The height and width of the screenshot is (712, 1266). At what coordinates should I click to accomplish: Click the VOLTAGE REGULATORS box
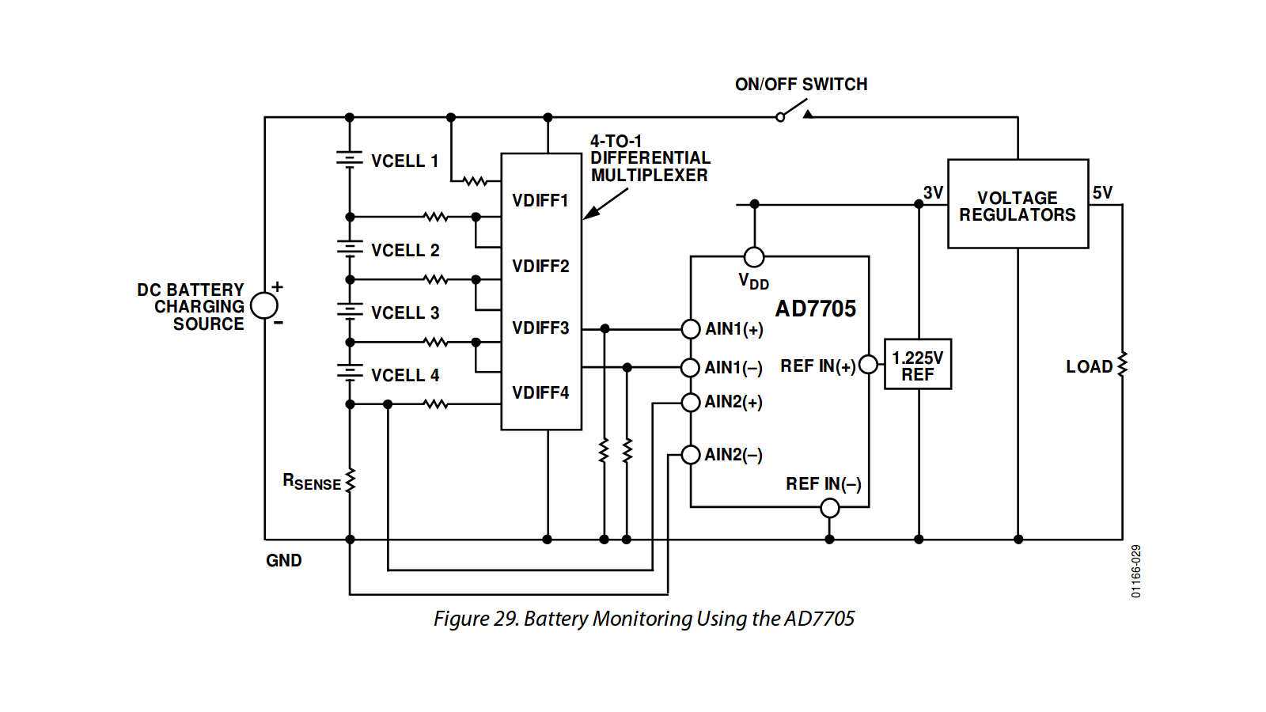tap(1018, 205)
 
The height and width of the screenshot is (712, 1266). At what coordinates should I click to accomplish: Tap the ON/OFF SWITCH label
tap(801, 84)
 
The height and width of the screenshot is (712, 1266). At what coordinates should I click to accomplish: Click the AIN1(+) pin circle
tap(691, 328)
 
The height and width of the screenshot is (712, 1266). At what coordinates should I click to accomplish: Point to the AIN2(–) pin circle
tap(691, 454)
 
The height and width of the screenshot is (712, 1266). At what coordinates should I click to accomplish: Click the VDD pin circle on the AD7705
tap(754, 256)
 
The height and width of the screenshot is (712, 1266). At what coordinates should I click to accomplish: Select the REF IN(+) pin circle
tap(868, 365)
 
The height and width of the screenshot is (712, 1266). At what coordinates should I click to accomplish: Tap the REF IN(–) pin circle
tap(829, 508)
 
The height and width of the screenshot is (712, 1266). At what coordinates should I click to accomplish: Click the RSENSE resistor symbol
tap(350, 480)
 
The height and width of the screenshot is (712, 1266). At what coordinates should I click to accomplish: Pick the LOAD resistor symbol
tap(1122, 364)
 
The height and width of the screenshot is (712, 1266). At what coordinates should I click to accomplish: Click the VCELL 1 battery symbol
tap(350, 159)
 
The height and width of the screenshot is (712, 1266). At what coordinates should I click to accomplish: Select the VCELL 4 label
tap(404, 375)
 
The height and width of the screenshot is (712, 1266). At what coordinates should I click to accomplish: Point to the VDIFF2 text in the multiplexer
tap(540, 266)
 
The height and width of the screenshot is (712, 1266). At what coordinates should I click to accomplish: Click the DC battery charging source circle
tap(264, 305)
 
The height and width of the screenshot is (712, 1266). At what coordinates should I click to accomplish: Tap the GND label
tap(283, 560)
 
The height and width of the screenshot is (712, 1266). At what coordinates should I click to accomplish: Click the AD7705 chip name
tap(815, 309)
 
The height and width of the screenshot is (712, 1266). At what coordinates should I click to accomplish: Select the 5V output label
tap(1102, 192)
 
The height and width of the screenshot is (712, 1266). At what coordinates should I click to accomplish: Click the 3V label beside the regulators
tap(933, 192)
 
